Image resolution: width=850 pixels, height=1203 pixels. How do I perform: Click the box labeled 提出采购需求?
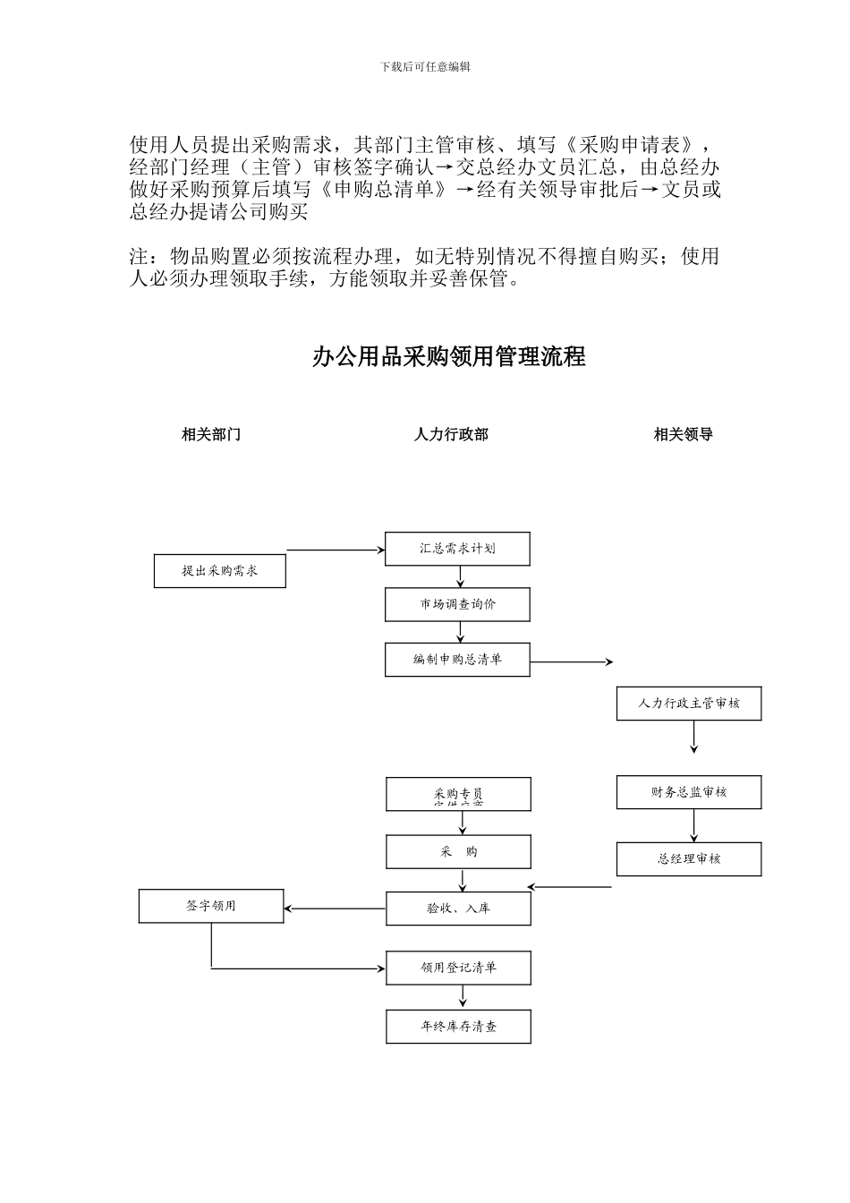click(x=219, y=571)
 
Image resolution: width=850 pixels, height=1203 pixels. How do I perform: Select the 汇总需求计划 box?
click(x=457, y=548)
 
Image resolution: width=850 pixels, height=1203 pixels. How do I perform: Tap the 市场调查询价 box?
click(x=457, y=604)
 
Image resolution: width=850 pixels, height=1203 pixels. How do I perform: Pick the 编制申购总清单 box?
click(x=457, y=660)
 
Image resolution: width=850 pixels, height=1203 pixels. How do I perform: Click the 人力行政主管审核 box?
click(x=689, y=704)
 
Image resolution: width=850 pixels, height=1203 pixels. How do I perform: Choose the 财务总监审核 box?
click(x=689, y=792)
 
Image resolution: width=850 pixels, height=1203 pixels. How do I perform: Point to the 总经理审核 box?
click(x=689, y=859)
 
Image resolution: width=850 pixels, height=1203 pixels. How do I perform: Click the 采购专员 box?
click(x=458, y=794)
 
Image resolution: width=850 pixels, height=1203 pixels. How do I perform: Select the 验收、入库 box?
click(x=458, y=909)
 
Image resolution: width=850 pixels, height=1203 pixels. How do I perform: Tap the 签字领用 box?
click(x=211, y=906)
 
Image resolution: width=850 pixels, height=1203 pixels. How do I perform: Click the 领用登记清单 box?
click(x=458, y=968)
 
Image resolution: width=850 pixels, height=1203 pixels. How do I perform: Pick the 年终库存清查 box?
click(x=458, y=1027)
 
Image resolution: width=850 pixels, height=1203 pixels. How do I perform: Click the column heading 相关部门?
click(x=211, y=435)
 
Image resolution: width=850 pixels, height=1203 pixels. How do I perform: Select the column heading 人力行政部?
click(x=451, y=435)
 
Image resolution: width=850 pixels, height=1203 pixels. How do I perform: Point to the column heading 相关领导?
click(x=683, y=435)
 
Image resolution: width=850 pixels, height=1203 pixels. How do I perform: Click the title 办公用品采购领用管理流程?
click(x=448, y=357)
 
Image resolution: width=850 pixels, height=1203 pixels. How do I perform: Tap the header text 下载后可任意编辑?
click(x=425, y=67)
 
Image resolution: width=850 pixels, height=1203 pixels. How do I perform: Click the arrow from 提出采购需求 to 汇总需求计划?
click(x=336, y=550)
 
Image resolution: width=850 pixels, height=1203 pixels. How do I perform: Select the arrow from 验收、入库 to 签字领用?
click(x=336, y=909)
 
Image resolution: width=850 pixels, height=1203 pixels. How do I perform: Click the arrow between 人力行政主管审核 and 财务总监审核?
click(x=694, y=737)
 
